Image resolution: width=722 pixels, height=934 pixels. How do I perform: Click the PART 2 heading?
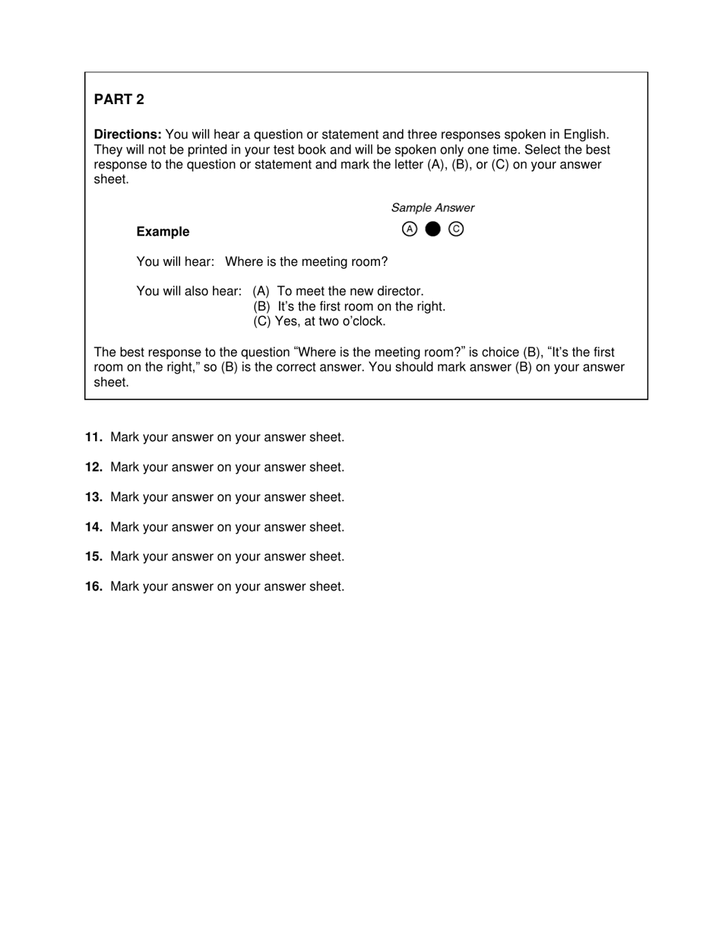119,99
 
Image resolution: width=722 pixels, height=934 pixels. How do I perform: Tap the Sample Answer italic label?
432,207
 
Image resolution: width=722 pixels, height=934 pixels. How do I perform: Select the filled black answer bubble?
432,229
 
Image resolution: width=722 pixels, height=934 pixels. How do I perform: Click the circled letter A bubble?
410,229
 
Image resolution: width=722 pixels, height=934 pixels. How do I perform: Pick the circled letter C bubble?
456,229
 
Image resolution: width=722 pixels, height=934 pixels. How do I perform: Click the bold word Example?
163,232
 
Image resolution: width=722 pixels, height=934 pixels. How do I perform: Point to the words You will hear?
176,262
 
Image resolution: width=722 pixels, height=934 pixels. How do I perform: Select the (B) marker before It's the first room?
262,306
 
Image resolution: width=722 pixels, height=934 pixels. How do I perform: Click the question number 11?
93,437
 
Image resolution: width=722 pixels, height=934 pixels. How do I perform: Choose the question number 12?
93,467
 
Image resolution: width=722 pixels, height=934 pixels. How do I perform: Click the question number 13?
93,497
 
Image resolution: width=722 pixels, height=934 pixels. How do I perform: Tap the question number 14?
93,527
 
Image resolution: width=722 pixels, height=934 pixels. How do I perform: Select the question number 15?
93,557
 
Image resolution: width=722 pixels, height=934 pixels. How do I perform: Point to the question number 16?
93,586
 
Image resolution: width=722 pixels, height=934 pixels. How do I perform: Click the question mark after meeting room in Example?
384,262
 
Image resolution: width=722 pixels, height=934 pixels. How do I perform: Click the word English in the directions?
584,134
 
